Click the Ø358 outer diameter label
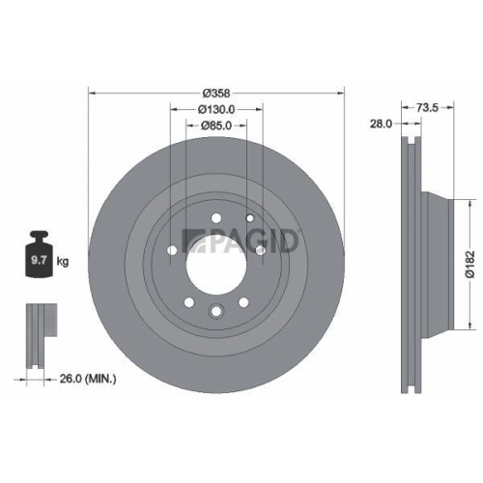pyautogui.click(x=215, y=92)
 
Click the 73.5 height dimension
pyautogui.click(x=429, y=107)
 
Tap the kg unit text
pyautogui.click(x=63, y=261)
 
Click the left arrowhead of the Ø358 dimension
pyautogui.click(x=92, y=93)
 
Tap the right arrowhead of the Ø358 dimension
pyautogui.click(x=341, y=93)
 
